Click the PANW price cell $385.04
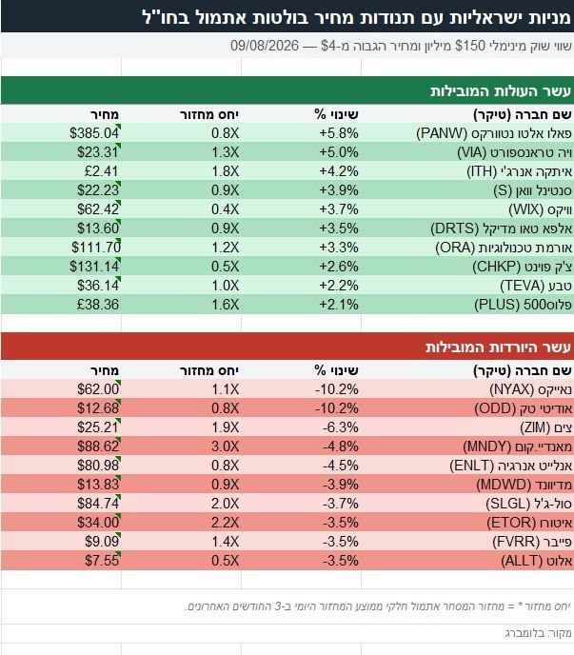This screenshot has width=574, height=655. (x=94, y=133)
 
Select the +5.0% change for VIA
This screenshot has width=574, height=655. (x=338, y=152)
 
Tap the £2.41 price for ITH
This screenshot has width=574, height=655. (x=101, y=171)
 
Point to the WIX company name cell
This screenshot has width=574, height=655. (x=540, y=209)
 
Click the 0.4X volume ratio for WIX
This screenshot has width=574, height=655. (x=226, y=209)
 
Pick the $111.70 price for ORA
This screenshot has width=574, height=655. (x=96, y=248)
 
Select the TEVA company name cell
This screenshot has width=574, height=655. (x=536, y=286)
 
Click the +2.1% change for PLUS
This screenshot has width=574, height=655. (x=338, y=305)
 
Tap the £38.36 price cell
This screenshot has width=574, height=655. (x=98, y=305)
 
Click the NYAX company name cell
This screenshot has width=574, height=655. (x=530, y=389)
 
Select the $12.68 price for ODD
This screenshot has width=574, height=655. (x=98, y=408)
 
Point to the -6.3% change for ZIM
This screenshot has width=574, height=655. (x=340, y=427)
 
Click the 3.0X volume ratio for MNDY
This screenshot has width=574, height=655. (x=226, y=447)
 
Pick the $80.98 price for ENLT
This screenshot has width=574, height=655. (x=98, y=466)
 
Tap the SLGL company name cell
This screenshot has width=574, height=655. (x=528, y=504)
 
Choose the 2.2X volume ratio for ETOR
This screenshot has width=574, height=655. (x=226, y=523)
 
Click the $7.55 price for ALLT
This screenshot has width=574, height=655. (x=102, y=561)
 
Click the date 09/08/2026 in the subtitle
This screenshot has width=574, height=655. (x=265, y=46)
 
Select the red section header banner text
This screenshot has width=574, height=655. (x=498, y=347)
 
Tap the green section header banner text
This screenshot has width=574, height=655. (x=501, y=90)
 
